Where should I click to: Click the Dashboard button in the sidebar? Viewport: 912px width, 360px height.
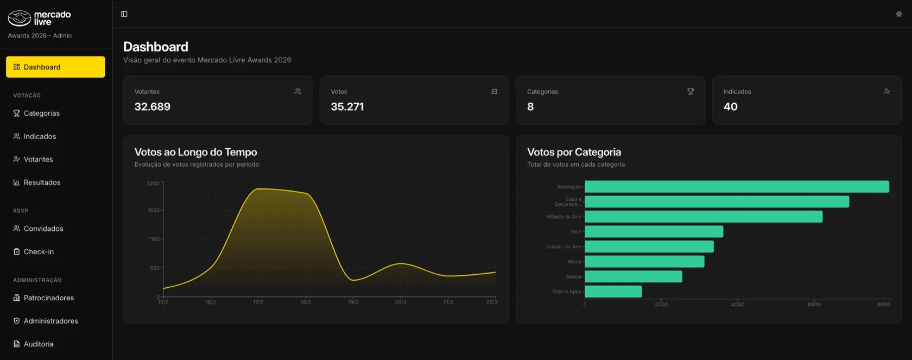55,67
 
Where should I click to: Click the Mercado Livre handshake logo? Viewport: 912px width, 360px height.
19,18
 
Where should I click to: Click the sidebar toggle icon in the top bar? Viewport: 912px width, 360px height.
124,14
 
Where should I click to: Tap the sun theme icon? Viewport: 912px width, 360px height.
899,14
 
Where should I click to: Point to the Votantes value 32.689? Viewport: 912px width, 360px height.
152,106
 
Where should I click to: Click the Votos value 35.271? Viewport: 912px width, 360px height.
347,106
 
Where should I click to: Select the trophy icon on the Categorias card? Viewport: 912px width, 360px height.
691,92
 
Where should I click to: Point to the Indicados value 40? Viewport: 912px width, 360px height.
731,106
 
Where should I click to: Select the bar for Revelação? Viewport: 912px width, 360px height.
737,187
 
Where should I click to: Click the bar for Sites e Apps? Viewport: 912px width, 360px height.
613,292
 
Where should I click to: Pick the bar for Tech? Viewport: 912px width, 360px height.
654,232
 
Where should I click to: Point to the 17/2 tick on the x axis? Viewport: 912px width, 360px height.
258,302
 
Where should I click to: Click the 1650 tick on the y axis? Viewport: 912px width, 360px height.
154,210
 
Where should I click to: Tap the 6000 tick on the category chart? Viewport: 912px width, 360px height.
814,305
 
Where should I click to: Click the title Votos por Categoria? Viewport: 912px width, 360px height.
574,152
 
